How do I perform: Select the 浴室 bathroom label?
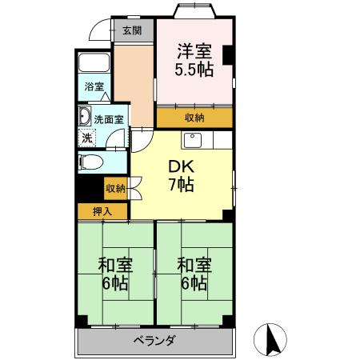coord(94,86)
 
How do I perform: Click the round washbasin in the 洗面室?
coord(84,118)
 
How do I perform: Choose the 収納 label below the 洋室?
coord(194,117)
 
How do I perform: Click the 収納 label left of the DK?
coord(114,189)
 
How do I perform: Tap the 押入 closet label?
coord(102,211)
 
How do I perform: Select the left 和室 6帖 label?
coord(114,274)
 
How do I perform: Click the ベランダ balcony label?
coord(155,341)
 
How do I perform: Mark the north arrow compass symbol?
coord(273,340)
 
